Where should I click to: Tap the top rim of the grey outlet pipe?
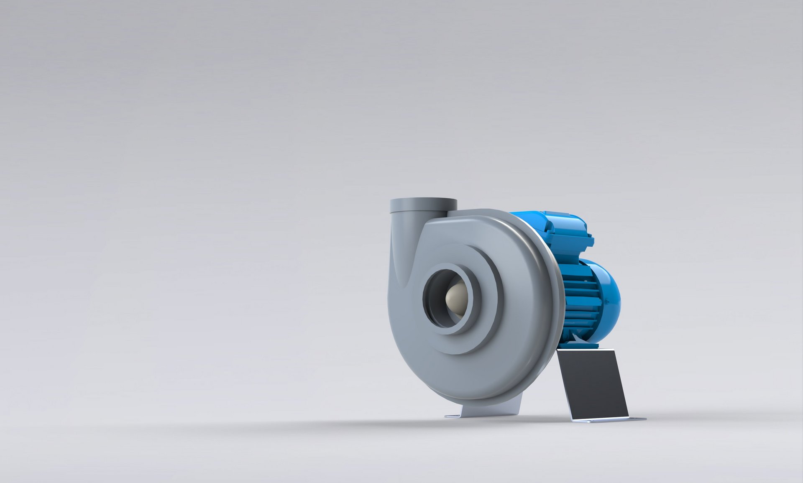point(423,201)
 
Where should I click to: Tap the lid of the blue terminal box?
point(560,217)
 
